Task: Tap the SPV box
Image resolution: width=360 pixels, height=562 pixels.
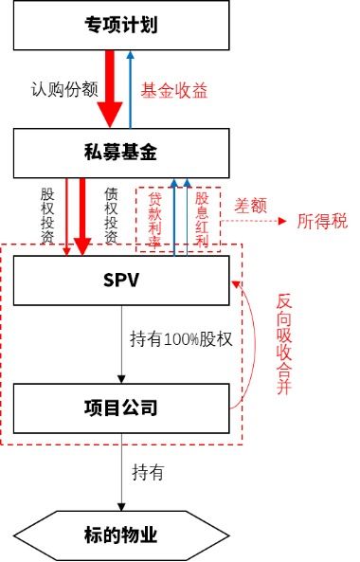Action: (122, 281)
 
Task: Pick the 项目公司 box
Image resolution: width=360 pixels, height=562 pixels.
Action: (122, 408)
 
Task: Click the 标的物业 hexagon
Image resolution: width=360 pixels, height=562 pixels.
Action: (122, 535)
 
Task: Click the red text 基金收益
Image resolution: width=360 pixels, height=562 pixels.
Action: (173, 92)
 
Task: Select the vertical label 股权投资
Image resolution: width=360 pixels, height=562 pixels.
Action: (48, 214)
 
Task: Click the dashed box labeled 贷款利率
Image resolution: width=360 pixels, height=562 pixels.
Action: (153, 219)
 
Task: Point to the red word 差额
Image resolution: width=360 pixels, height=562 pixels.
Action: (251, 205)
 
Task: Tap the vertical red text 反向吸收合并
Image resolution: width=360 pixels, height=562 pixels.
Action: (283, 345)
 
